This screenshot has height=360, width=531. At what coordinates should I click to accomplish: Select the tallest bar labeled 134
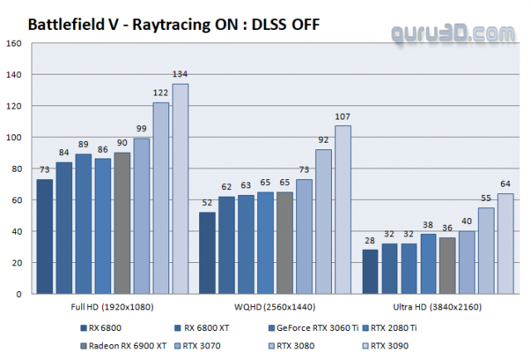point(180,188)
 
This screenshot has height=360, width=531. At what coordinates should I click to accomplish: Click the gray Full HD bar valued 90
point(122,223)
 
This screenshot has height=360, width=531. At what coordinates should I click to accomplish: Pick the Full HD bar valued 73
point(45,236)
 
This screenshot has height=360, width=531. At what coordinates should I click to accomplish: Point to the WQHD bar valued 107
point(343,210)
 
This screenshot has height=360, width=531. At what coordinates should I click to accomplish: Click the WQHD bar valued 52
point(207,253)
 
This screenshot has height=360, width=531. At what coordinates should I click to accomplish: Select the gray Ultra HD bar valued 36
point(447,265)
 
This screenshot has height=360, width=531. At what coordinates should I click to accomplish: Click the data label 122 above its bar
point(161,94)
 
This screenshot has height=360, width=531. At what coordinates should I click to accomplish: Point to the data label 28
point(370,241)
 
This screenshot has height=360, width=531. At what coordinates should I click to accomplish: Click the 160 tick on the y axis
point(15,43)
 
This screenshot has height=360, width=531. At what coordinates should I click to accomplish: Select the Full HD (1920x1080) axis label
point(112,306)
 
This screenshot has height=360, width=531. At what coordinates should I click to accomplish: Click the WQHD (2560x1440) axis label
point(275,306)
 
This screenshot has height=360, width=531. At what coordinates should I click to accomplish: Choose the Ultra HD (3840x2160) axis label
point(437,306)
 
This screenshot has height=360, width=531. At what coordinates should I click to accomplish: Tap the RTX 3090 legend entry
point(390,344)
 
